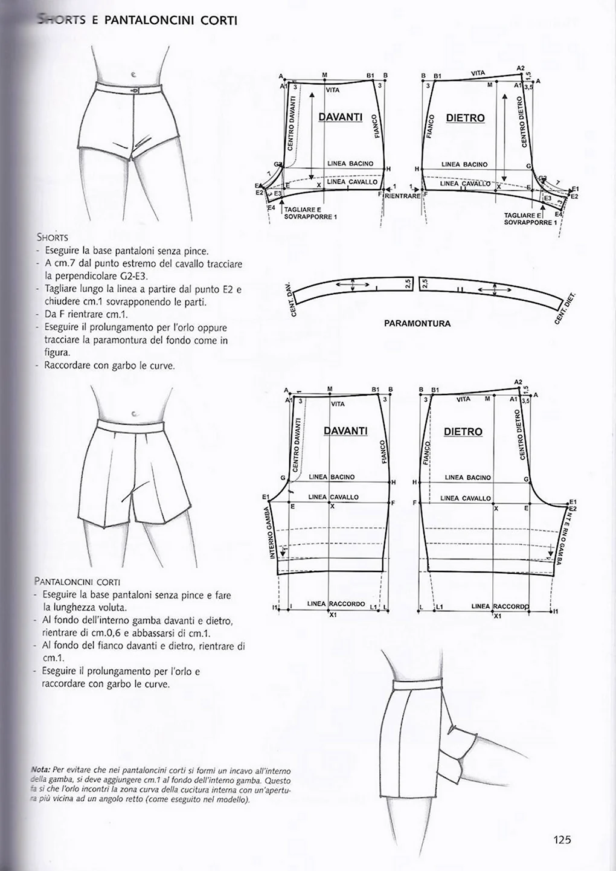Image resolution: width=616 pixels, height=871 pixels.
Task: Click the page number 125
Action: click(x=562, y=839)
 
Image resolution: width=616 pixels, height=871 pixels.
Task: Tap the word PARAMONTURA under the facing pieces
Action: click(x=417, y=323)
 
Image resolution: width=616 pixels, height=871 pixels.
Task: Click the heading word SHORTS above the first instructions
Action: click(x=52, y=237)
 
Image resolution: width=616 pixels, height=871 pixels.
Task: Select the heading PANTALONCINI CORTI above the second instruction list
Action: click(x=77, y=582)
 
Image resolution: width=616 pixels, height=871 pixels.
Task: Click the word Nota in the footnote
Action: click(x=40, y=770)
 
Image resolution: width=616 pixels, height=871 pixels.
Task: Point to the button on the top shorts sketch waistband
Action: click(x=135, y=90)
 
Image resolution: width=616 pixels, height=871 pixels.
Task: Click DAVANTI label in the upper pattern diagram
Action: click(x=340, y=117)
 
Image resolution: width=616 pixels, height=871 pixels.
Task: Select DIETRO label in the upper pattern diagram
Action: click(x=465, y=118)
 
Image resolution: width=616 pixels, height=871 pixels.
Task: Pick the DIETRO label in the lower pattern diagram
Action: click(x=463, y=432)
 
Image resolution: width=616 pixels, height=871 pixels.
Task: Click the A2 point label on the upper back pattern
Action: click(x=521, y=68)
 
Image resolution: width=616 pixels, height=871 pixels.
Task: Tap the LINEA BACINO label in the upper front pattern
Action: click(x=350, y=164)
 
